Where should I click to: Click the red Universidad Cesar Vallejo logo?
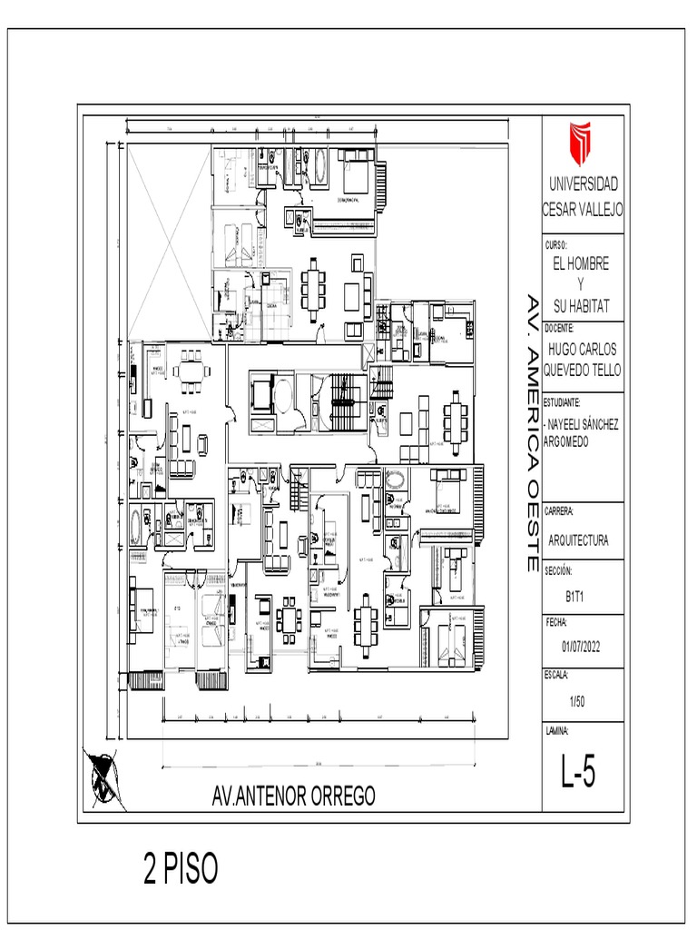click(x=580, y=143)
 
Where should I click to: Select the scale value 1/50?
click(x=578, y=701)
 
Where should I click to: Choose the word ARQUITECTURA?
click(x=579, y=539)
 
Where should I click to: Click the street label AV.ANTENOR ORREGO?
click(x=292, y=796)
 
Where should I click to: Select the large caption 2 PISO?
click(x=181, y=869)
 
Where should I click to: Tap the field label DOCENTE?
click(x=559, y=327)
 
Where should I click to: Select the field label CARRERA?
click(x=559, y=511)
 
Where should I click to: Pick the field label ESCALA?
click(x=556, y=676)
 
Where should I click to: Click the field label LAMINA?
click(x=556, y=730)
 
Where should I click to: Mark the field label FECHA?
click(x=556, y=623)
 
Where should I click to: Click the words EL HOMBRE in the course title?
click(x=581, y=263)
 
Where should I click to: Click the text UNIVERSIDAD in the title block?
click(x=582, y=183)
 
